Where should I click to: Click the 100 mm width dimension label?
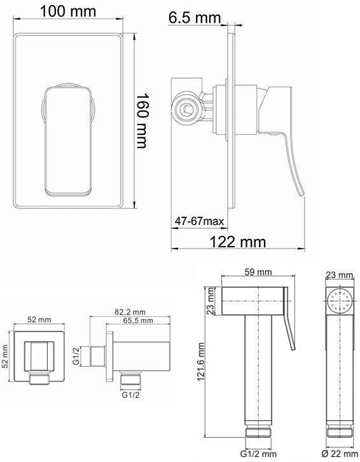(x=68, y=11)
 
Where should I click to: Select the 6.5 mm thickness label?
(x=195, y=17)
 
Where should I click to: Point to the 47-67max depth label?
(x=199, y=221)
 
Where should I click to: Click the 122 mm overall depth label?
(x=238, y=241)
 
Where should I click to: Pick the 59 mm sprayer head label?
(x=258, y=271)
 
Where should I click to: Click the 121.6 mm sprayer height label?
(x=201, y=361)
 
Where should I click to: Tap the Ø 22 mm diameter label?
(x=340, y=454)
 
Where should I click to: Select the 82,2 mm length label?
(x=130, y=312)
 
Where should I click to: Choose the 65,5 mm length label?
(x=137, y=320)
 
